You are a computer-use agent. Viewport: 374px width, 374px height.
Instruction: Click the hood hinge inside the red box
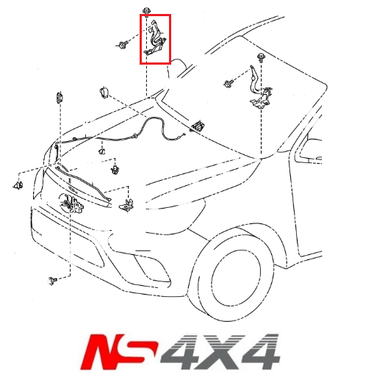pos(157,40)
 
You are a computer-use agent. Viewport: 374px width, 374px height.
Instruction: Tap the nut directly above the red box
pos(147,10)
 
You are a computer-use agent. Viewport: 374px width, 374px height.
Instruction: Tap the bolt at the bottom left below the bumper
pos(53,280)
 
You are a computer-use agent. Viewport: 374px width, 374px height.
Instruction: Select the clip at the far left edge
pos(18,184)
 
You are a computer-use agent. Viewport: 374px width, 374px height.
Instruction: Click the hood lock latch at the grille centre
pos(71,201)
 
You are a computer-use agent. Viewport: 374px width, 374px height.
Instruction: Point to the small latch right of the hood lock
pos(126,205)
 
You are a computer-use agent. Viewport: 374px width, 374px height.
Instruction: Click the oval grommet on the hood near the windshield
pos(197,128)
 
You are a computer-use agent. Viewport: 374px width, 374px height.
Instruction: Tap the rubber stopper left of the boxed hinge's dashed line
pos(103,93)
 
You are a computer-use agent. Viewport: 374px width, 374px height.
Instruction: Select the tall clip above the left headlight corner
pos(58,98)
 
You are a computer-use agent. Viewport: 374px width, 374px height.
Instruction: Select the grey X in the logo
pos(221,351)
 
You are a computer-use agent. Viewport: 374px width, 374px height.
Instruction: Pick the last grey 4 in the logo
pos(258,351)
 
